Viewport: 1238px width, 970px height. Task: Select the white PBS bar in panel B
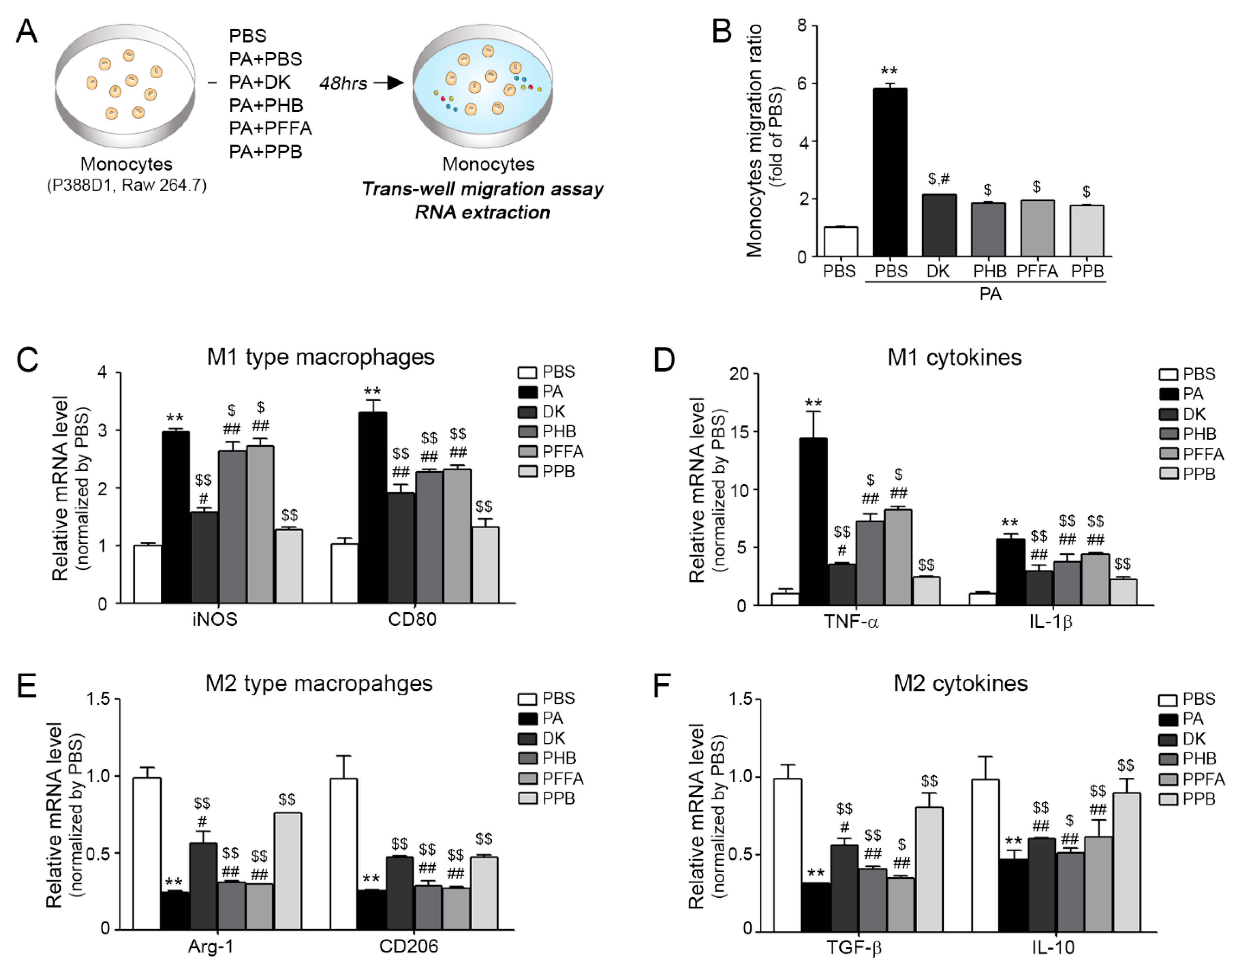[841, 242]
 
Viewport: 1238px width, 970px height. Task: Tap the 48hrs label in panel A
[343, 84]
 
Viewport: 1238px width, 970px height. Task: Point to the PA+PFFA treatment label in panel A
[270, 128]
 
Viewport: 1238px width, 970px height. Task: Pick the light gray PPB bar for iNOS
[289, 566]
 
